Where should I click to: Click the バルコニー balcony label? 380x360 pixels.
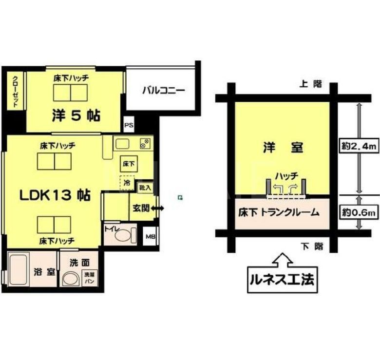pyautogui.click(x=164, y=90)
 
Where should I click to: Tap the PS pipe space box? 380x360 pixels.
pyautogui.click(x=129, y=125)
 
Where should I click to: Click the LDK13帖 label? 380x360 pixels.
pyautogui.click(x=54, y=195)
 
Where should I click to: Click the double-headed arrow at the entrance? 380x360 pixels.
pyautogui.click(x=157, y=208)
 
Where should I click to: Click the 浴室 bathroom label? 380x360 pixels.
pyautogui.click(x=43, y=272)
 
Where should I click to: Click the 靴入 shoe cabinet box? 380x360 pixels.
pyautogui.click(x=144, y=187)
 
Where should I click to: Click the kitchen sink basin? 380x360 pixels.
pyautogui.click(x=122, y=144)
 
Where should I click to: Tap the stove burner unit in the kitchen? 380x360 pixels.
pyautogui.click(x=145, y=143)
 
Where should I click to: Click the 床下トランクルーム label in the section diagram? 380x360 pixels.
pyautogui.click(x=279, y=212)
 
